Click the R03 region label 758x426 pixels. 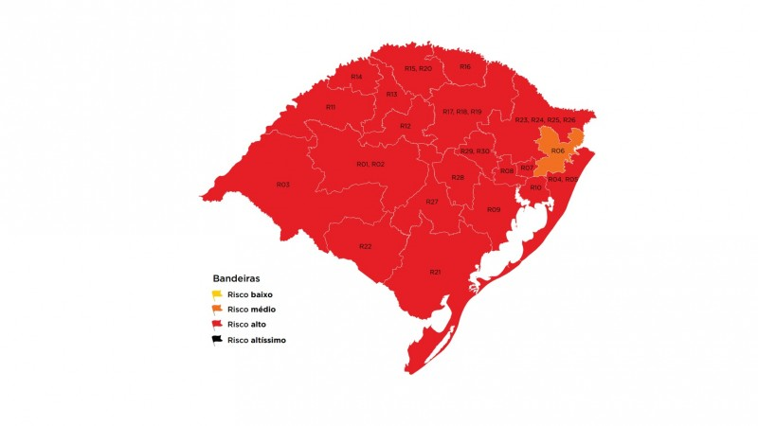click(282, 184)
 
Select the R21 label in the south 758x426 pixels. click(435, 272)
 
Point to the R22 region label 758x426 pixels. click(365, 246)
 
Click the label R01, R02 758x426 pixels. click(370, 164)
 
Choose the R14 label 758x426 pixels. click(356, 76)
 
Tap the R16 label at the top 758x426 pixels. click(465, 66)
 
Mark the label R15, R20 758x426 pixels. click(418, 68)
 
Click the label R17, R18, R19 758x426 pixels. click(462, 112)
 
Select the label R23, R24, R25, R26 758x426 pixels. click(545, 120)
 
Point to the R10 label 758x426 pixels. click(535, 187)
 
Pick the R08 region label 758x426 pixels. click(507, 170)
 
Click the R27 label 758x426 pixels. click(431, 203)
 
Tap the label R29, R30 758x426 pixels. click(475, 151)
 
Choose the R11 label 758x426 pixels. click(331, 107)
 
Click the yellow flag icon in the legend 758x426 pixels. click(217, 294)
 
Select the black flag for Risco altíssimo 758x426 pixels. click(217, 339)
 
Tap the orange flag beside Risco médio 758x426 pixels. click(217, 309)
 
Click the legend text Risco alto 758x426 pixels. click(246, 324)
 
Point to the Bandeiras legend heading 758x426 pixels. click(237, 279)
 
